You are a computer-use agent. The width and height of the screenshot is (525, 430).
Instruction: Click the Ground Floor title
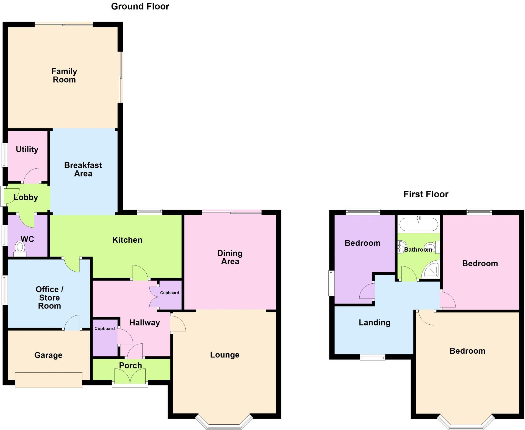pyautogui.click(x=140, y=6)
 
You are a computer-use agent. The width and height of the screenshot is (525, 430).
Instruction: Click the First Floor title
pyautogui.click(x=426, y=194)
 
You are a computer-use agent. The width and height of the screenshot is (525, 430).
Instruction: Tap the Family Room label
pyautogui.click(x=64, y=75)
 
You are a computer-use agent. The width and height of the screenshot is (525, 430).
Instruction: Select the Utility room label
pyautogui.click(x=27, y=149)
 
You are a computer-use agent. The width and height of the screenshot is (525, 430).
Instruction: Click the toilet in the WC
pyautogui.click(x=20, y=248)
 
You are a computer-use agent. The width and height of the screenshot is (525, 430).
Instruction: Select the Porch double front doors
pyautogui.click(x=130, y=376)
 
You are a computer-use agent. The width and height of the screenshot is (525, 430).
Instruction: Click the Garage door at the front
pyautogui.click(x=48, y=380)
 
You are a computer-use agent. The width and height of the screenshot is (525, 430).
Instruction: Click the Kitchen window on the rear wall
pyautogui.click(x=149, y=212)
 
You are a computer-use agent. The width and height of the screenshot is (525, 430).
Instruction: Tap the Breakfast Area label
pyautogui.click(x=83, y=169)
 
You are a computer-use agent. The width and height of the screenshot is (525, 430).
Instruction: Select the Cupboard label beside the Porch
pyautogui.click(x=105, y=329)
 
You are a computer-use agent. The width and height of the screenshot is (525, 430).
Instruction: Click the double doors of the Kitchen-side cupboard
pyautogui.click(x=154, y=297)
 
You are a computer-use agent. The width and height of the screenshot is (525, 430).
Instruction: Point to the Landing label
pyautogui.click(x=374, y=323)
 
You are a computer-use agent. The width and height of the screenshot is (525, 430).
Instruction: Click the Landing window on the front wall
pyautogui.click(x=372, y=357)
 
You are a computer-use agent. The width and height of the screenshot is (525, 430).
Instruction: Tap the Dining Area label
pyautogui.click(x=230, y=257)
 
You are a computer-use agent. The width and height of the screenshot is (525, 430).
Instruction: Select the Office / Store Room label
pyautogui.click(x=49, y=298)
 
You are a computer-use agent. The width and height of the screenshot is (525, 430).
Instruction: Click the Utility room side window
pyautogui.click(x=5, y=155)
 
